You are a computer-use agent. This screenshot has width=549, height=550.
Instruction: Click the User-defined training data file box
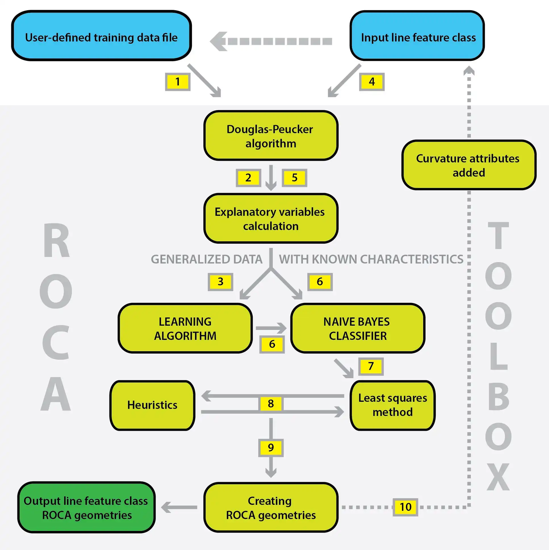click(101, 36)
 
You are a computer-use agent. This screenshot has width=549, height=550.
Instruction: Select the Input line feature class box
click(417, 36)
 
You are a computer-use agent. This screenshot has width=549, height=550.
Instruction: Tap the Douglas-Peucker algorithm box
click(271, 136)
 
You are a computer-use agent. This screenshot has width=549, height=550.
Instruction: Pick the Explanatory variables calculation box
click(271, 219)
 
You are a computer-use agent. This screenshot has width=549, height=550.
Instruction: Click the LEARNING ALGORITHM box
click(185, 328)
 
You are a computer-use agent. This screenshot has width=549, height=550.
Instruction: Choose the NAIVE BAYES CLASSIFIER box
click(358, 328)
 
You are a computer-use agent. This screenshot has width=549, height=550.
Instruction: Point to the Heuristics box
click(152, 405)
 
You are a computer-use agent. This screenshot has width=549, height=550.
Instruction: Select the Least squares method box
click(392, 405)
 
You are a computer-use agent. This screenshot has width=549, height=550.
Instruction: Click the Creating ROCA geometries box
click(271, 507)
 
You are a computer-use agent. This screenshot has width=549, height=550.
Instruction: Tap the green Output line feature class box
click(86, 507)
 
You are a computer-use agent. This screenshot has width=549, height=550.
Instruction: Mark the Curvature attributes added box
click(468, 165)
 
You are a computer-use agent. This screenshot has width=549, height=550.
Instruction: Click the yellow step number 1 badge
click(177, 82)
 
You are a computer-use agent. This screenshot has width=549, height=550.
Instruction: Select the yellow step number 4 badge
click(372, 82)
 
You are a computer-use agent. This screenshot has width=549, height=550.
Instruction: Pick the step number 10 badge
click(405, 507)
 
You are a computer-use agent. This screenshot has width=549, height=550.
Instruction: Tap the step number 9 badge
click(271, 447)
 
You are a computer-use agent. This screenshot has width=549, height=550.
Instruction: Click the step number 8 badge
click(271, 404)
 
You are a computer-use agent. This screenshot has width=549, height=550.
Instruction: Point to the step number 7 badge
click(371, 366)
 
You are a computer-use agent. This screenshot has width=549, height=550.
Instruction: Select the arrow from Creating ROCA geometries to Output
click(179, 507)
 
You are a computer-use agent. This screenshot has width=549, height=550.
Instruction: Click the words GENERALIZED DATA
click(206, 259)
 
